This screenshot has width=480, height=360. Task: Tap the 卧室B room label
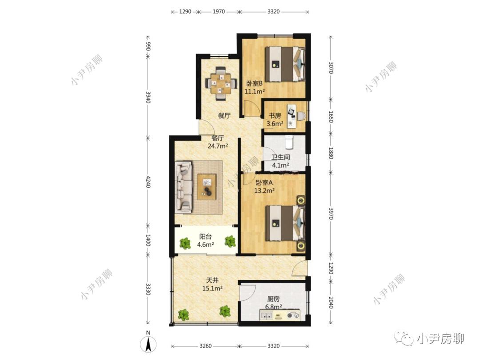coord(254,83)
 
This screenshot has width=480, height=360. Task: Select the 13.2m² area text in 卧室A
coord(264,191)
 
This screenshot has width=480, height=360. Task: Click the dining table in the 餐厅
coord(221,83)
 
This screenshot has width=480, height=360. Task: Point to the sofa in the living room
coord(184,188)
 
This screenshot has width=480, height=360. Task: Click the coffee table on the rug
coord(207,187)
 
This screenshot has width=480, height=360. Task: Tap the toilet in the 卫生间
coord(289,141)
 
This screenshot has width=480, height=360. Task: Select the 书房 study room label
coord(275,116)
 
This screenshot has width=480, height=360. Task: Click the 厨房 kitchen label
coord(273,299)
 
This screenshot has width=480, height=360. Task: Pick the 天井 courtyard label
coord(212,280)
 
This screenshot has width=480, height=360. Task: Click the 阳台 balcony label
coord(205,236)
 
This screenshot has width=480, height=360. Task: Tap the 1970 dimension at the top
coord(219,12)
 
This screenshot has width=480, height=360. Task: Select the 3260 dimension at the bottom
coord(205,346)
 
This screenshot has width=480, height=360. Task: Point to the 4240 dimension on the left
coord(148,181)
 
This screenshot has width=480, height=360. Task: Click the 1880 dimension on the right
coord(331,153)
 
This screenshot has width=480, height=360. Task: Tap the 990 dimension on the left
coord(148,47)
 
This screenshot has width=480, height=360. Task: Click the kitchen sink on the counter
coord(266,315)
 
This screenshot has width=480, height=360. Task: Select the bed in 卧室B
coord(285,64)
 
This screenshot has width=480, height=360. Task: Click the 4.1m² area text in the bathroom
coord(281,165)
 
